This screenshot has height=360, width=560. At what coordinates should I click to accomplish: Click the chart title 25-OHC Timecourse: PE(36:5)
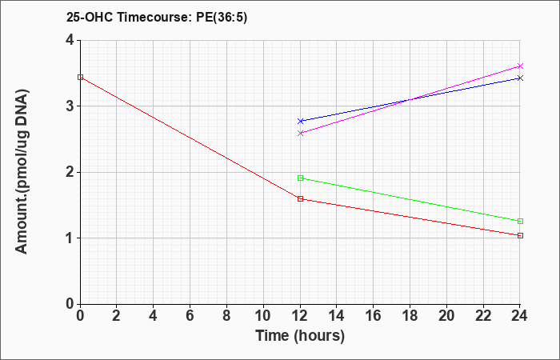coord(157,18)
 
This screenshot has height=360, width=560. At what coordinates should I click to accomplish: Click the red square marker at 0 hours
coord(80,77)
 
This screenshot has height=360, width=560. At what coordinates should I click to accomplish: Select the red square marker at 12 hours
coord(300,199)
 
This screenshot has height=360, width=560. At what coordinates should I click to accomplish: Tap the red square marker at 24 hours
coord(520,236)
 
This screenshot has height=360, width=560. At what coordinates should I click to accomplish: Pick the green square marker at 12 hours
coord(300,178)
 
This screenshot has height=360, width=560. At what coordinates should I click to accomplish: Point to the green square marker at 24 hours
coord(520,222)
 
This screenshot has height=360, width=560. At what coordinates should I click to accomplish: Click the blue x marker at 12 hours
coord(300,121)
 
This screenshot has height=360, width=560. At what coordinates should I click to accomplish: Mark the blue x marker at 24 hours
coord(520,78)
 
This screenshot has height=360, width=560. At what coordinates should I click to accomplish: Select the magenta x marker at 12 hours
coord(300,134)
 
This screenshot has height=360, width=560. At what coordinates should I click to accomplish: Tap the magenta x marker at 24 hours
coord(520,66)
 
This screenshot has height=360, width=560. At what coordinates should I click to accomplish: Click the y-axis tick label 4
coord(70,40)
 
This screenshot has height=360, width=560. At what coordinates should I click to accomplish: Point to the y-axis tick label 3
coord(70,106)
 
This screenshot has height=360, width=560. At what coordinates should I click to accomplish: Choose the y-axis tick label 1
coord(70,238)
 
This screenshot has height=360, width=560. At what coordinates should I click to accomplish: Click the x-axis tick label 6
coord(190,316)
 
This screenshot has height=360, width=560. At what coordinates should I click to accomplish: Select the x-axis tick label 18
coord(410,316)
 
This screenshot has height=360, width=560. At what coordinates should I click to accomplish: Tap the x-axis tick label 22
coord(483,316)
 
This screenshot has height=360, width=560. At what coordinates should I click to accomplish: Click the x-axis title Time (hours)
coord(300,336)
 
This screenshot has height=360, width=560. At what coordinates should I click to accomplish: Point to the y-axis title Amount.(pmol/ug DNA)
coord(22,172)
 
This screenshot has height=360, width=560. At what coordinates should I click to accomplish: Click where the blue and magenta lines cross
coord(410,100)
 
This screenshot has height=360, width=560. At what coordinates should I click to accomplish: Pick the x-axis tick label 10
coord(263,316)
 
